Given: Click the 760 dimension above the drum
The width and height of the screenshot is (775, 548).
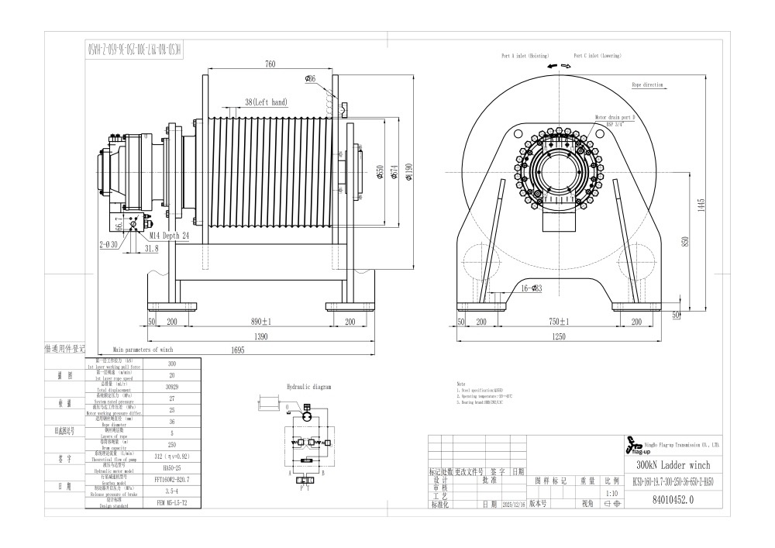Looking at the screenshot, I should click(x=270, y=64).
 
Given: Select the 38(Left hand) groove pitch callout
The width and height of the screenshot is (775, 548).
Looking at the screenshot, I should click(x=265, y=102).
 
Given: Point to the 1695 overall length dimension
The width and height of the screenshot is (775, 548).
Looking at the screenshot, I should click(x=237, y=350).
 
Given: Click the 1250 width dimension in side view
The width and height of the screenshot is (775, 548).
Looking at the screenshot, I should click(x=559, y=337).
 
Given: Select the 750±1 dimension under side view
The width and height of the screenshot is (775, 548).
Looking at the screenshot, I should click(x=559, y=321).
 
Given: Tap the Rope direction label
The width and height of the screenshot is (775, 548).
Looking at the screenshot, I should click(x=647, y=84).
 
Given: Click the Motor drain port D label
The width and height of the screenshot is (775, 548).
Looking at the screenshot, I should click(x=615, y=116).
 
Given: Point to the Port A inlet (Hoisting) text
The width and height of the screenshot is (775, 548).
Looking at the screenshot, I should click(x=525, y=57).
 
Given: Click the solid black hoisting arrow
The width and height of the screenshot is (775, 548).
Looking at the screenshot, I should click(x=552, y=67).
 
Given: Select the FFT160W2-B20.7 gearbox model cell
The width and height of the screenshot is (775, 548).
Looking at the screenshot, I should click(x=172, y=480).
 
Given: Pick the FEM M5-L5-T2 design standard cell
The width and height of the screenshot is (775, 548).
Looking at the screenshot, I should click(x=172, y=503).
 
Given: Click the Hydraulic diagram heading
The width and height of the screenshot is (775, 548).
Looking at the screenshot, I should click(x=308, y=386).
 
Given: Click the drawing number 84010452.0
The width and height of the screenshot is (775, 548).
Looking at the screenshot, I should click(x=669, y=500).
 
